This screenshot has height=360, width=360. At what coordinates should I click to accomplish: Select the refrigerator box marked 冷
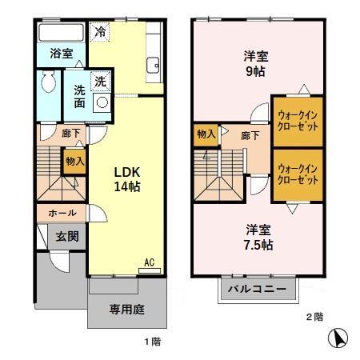pyautogui.click(x=101, y=34)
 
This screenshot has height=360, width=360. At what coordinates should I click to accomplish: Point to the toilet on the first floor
pyautogui.click(x=48, y=83)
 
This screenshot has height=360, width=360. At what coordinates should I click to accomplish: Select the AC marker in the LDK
pyautogui.click(x=149, y=262)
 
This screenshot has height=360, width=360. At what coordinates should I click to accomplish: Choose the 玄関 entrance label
pyautogui.click(x=66, y=236)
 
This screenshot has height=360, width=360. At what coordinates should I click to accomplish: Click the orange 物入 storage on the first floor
pyautogui.click(x=74, y=160)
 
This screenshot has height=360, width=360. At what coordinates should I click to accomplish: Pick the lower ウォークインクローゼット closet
pyautogui.click(x=297, y=174)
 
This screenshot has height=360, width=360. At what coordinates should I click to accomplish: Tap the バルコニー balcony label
pyautogui.click(x=255, y=289)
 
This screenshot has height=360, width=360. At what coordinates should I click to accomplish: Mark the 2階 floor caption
pyautogui.click(x=314, y=317)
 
